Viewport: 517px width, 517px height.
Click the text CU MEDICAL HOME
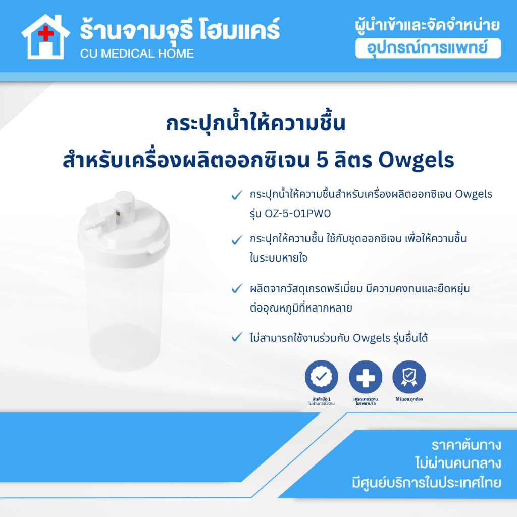137,53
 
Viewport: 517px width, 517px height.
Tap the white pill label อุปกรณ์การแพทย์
428,48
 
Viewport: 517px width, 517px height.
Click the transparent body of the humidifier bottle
121,313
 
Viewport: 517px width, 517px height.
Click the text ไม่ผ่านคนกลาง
457,464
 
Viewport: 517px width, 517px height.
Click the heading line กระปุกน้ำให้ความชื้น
256,124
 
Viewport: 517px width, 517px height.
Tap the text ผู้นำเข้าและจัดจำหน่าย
428,25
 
